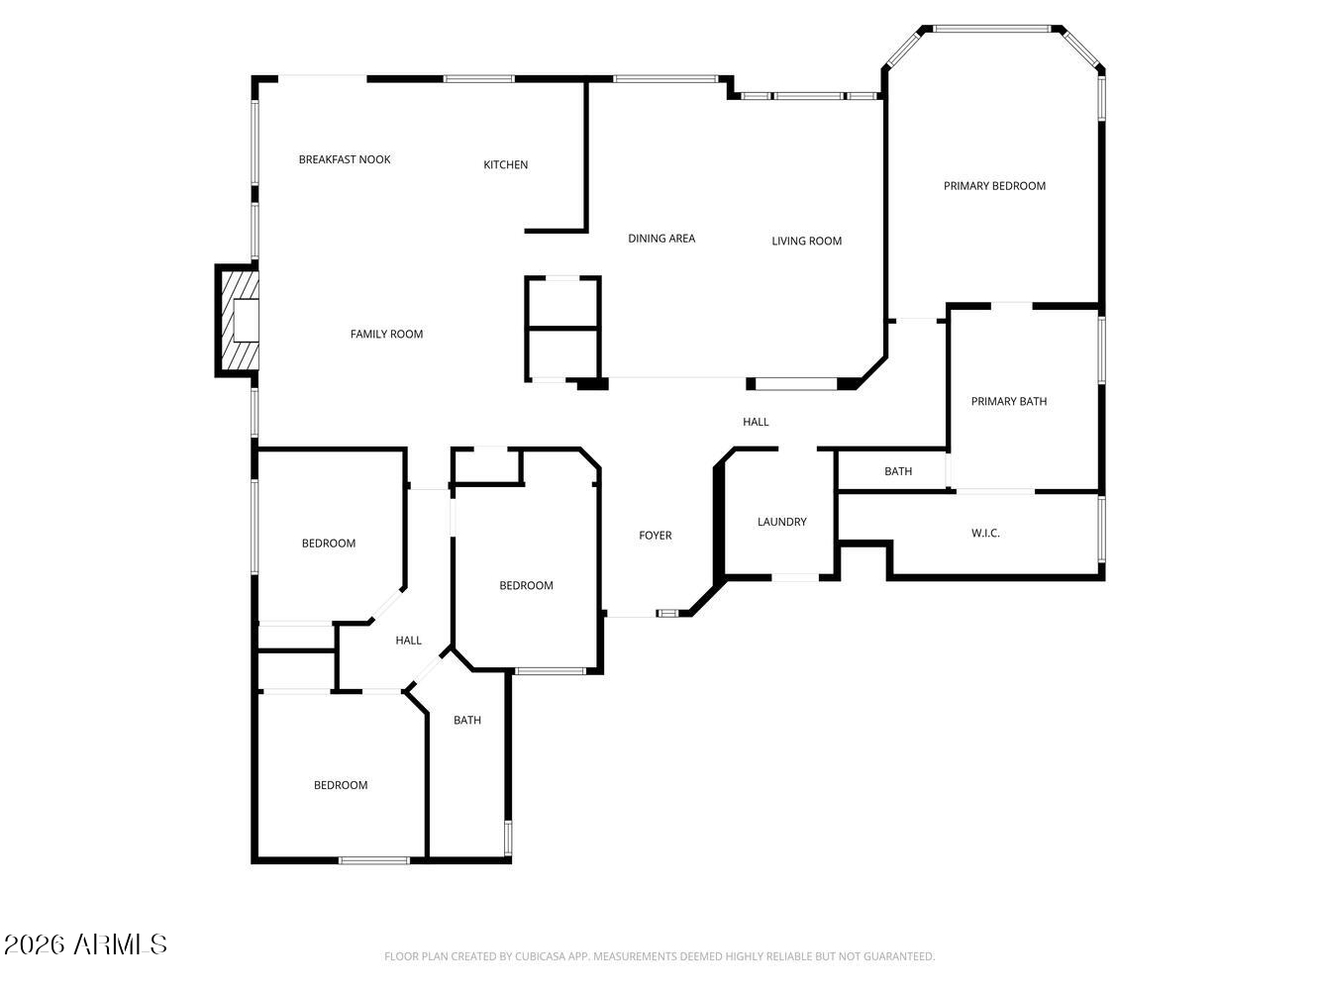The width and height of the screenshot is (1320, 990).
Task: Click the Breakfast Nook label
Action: tap(345, 159)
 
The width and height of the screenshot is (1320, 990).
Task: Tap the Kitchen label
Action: tap(506, 164)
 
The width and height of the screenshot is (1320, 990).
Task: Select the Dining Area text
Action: tap(661, 239)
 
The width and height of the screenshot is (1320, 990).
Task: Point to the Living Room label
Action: tap(806, 241)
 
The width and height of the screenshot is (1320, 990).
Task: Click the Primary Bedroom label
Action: tap(994, 186)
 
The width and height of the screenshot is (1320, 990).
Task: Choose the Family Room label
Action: tap(386, 335)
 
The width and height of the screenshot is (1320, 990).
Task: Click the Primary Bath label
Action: tap(1009, 402)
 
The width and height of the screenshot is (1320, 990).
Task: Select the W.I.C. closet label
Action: tap(985, 534)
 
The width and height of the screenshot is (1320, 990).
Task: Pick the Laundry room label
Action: tap(781, 522)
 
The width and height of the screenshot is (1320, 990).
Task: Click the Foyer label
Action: tap(656, 536)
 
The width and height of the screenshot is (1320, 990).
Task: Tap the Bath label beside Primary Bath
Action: tap(898, 472)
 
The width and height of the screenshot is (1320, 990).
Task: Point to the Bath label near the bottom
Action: tap(467, 720)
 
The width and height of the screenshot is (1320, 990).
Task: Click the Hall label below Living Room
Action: tap(756, 422)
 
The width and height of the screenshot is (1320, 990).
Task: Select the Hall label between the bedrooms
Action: tap(408, 641)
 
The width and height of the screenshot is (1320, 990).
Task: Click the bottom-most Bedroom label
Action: tap(341, 786)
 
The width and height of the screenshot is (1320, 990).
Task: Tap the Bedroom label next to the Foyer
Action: tap(526, 585)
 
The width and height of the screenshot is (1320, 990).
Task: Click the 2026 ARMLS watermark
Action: tap(85, 944)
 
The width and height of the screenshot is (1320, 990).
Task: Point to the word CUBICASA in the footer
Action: tap(539, 955)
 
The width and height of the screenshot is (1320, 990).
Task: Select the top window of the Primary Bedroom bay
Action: tap(991, 29)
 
